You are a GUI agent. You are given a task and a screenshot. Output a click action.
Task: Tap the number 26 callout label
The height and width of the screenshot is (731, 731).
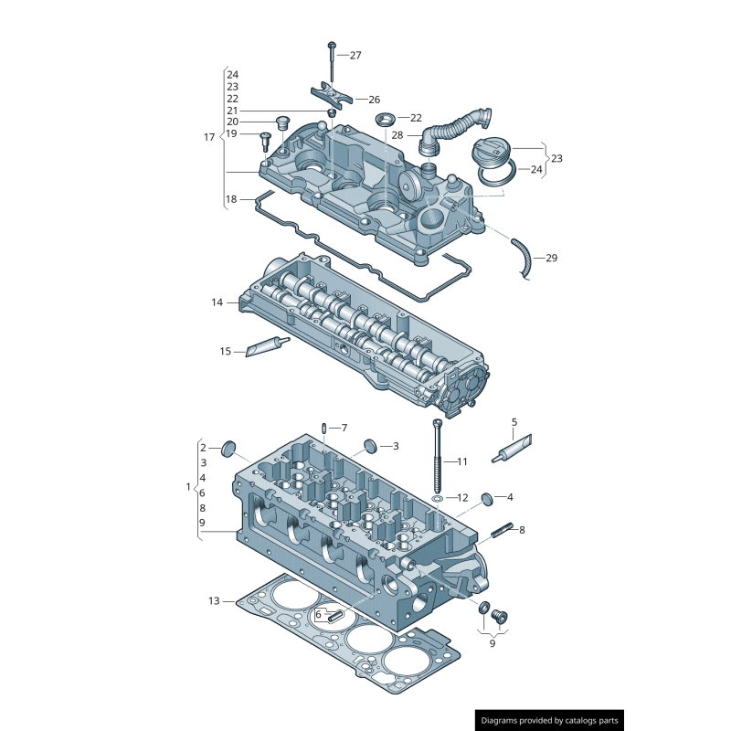[374, 99]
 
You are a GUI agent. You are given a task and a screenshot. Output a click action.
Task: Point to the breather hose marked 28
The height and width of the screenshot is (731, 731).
[454, 126]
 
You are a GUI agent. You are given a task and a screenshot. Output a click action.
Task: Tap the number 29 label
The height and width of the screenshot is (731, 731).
[551, 259]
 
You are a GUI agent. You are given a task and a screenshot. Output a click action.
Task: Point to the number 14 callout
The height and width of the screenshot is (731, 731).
[217, 302]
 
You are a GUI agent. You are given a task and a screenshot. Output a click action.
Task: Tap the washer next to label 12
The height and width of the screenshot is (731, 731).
[439, 499]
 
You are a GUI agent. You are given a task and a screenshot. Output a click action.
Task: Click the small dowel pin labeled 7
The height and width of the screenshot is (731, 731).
[324, 429]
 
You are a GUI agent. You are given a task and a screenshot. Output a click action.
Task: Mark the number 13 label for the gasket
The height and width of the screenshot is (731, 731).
[214, 601]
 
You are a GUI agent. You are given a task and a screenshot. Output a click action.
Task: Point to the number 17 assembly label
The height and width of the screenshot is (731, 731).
[208, 137]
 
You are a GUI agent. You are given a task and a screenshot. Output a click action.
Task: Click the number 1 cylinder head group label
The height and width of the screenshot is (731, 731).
[188, 486]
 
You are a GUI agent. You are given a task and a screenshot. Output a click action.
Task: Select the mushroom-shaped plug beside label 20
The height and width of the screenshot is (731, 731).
[281, 121]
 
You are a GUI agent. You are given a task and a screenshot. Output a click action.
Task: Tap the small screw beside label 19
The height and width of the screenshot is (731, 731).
[266, 138]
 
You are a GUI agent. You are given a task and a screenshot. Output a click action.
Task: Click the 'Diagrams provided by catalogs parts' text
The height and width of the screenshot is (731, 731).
[549, 720]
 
